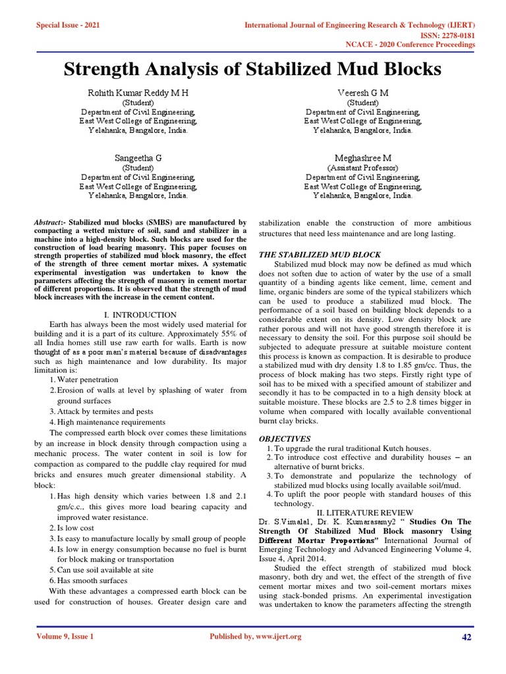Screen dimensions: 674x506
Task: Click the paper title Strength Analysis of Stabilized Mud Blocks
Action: tap(252, 69)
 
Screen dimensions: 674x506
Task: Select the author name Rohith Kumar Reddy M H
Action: tap(138, 93)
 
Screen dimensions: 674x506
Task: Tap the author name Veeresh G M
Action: tap(363, 93)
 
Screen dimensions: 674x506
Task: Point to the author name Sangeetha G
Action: tap(138, 158)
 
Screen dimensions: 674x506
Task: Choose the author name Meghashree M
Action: tap(363, 158)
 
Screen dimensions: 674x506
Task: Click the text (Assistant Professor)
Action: tap(363, 168)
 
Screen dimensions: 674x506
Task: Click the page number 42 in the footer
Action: tap(468, 637)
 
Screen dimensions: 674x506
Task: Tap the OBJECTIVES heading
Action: tap(284, 438)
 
